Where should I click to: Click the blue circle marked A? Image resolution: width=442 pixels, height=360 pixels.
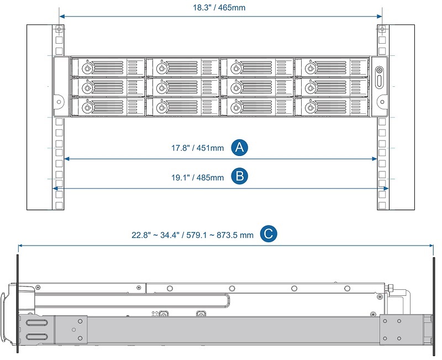click(239, 147)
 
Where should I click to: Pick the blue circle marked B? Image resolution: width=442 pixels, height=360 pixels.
click(239, 177)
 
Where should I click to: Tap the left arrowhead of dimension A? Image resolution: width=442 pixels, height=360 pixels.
click(67, 159)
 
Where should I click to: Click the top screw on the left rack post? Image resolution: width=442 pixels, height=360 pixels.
click(59, 29)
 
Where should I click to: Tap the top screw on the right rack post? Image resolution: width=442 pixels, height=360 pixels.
click(380, 29)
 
